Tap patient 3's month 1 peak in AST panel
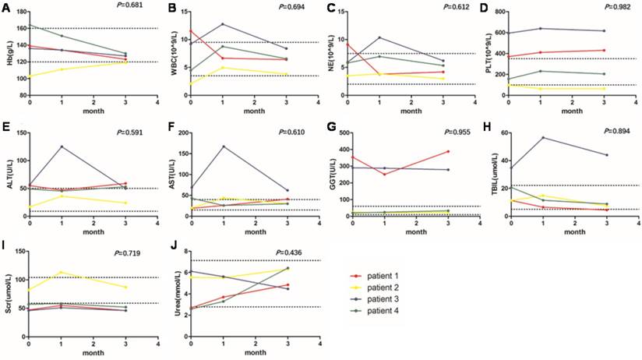click(x=223, y=146)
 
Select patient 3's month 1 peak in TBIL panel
click(x=543, y=138)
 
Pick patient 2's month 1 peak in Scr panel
click(x=62, y=272)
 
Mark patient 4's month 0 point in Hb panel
click(x=30, y=23)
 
